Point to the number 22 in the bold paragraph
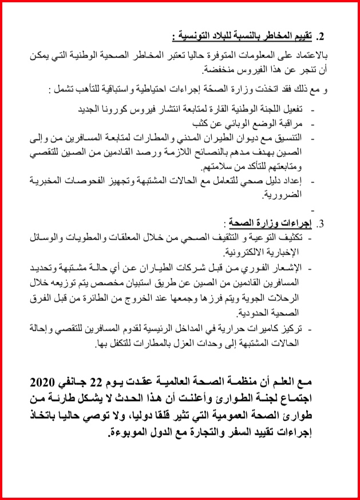pos(132,382)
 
